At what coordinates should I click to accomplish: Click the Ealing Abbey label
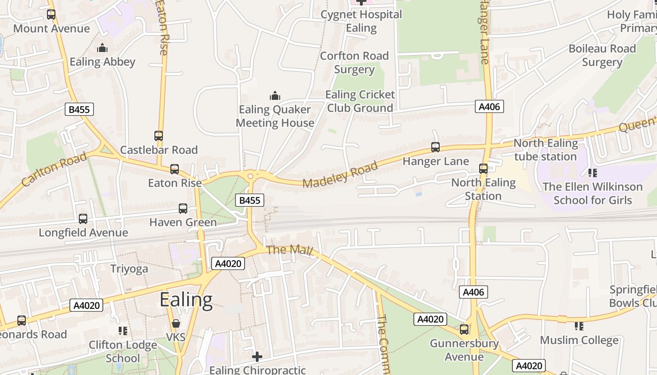coord(102,62)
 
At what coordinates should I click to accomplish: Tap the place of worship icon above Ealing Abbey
coord(102,48)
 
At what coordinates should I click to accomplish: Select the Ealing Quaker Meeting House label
coord(275,116)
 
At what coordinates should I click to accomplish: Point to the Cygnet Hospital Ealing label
coord(361,21)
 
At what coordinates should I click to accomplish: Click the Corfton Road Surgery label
coord(354,63)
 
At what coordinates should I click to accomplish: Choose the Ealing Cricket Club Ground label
coord(360,101)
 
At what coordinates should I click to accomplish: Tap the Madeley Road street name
coord(340,175)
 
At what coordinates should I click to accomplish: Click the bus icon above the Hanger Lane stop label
coord(435,147)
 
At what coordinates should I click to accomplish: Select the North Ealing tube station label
coord(545,150)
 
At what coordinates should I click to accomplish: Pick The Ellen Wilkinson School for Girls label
coord(592,193)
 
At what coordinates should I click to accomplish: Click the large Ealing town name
coord(186,300)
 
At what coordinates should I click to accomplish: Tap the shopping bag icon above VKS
coord(176,323)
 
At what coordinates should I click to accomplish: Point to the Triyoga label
coord(129,269)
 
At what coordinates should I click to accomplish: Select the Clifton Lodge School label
coord(123,352)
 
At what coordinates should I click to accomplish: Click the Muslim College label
coord(579,340)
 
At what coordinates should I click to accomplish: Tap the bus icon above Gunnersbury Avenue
coord(464,329)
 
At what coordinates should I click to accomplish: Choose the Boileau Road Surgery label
coord(602,55)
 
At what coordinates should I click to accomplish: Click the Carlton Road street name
coord(54,169)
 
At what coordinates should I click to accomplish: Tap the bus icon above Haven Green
coord(183,209)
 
